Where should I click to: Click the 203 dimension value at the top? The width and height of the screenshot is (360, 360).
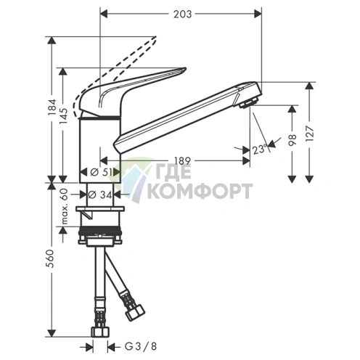point(182,15)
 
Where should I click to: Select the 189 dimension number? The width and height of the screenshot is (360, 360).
point(182,161)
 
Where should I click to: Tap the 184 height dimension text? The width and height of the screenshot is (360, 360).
point(52,108)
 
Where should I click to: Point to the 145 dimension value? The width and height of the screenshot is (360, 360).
point(64,117)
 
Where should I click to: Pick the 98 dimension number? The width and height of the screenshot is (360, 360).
point(292,140)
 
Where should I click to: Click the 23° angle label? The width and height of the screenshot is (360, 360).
point(259,150)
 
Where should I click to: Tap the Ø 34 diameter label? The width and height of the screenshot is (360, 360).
point(100,195)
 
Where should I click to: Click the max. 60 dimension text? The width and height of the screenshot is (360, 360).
point(64,205)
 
